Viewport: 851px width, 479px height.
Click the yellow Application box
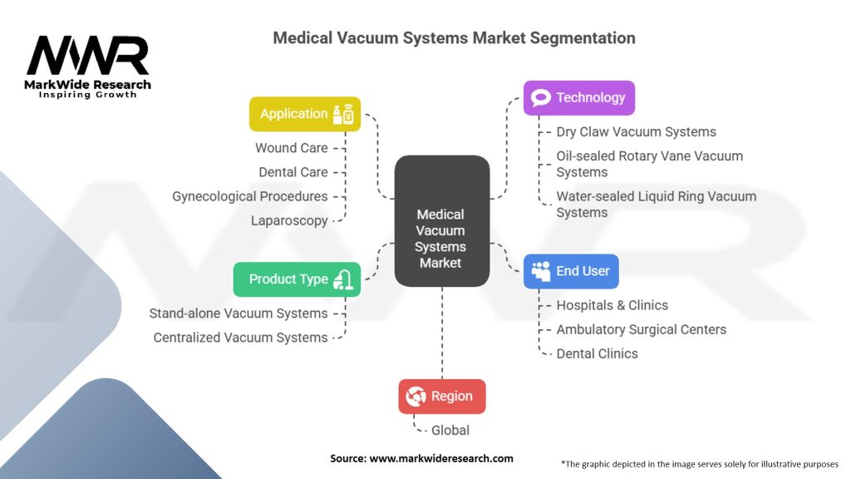pyautogui.click(x=305, y=114)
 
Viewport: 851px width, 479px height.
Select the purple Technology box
pyautogui.click(x=578, y=98)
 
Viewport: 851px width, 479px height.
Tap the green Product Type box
pyautogui.click(x=297, y=279)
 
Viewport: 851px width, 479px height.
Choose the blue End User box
pyautogui.click(x=571, y=271)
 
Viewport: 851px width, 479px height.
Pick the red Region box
pyautogui.click(x=441, y=397)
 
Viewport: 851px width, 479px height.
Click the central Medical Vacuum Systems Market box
pyautogui.click(x=440, y=238)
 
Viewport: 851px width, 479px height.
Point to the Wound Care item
pyautogui.click(x=291, y=148)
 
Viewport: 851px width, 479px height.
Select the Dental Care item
pyautogui.click(x=293, y=172)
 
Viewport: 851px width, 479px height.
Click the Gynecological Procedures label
pyautogui.click(x=249, y=196)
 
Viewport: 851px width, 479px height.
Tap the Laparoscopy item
pyautogui.click(x=289, y=220)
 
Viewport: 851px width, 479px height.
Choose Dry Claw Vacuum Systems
pyautogui.click(x=636, y=131)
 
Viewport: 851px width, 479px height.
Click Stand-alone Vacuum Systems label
pyautogui.click(x=239, y=314)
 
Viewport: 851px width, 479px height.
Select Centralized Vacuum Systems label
pyautogui.click(x=240, y=338)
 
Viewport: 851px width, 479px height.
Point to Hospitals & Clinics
pyautogui.click(x=612, y=305)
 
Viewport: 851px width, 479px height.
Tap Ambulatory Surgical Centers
pyautogui.click(x=641, y=329)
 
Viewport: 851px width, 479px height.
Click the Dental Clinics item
pyautogui.click(x=597, y=353)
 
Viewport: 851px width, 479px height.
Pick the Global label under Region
pyautogui.click(x=450, y=430)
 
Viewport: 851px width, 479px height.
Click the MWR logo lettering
pyautogui.click(x=88, y=57)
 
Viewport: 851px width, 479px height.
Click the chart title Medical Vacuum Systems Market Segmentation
pyautogui.click(x=454, y=38)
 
